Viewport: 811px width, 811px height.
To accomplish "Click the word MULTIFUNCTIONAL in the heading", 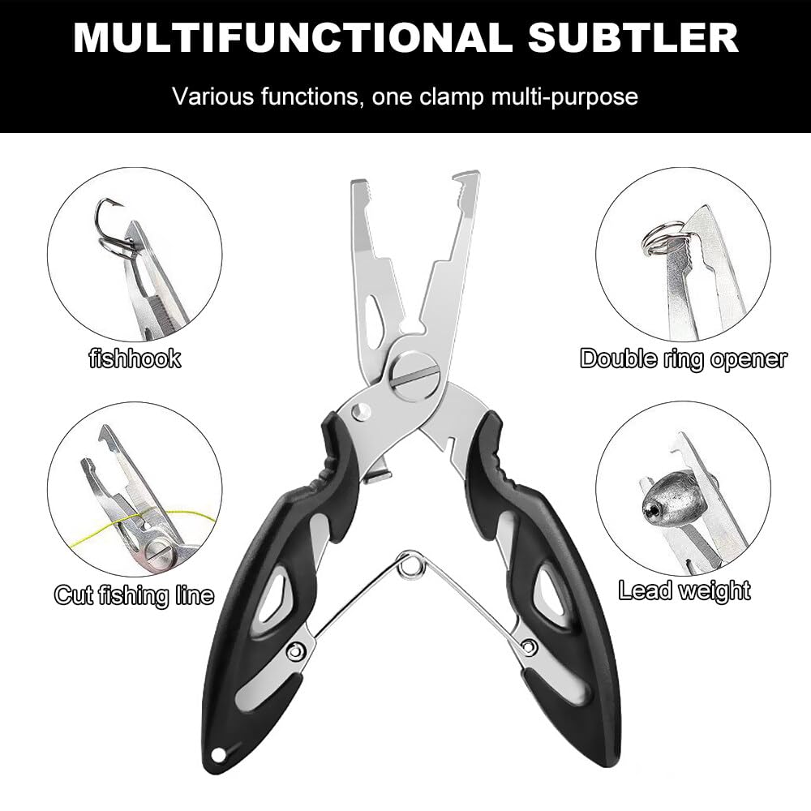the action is tap(291, 37).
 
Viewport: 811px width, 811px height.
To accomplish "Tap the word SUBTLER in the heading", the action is tap(633, 37).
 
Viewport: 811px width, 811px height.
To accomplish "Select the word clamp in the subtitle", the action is tap(450, 97).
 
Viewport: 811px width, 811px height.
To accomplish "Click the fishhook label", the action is tap(135, 358).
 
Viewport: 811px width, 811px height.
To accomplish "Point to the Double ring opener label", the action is tap(683, 358).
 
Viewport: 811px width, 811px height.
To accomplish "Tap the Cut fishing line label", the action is tap(134, 594).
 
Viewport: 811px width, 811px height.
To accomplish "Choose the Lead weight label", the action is tap(684, 590).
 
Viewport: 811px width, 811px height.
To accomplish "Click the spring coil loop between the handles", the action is tap(411, 564).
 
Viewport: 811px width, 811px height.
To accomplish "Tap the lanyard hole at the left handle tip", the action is tap(219, 755).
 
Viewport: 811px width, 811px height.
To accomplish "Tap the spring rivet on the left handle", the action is tap(296, 650).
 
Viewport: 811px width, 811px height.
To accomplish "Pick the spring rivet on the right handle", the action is tap(530, 646).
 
